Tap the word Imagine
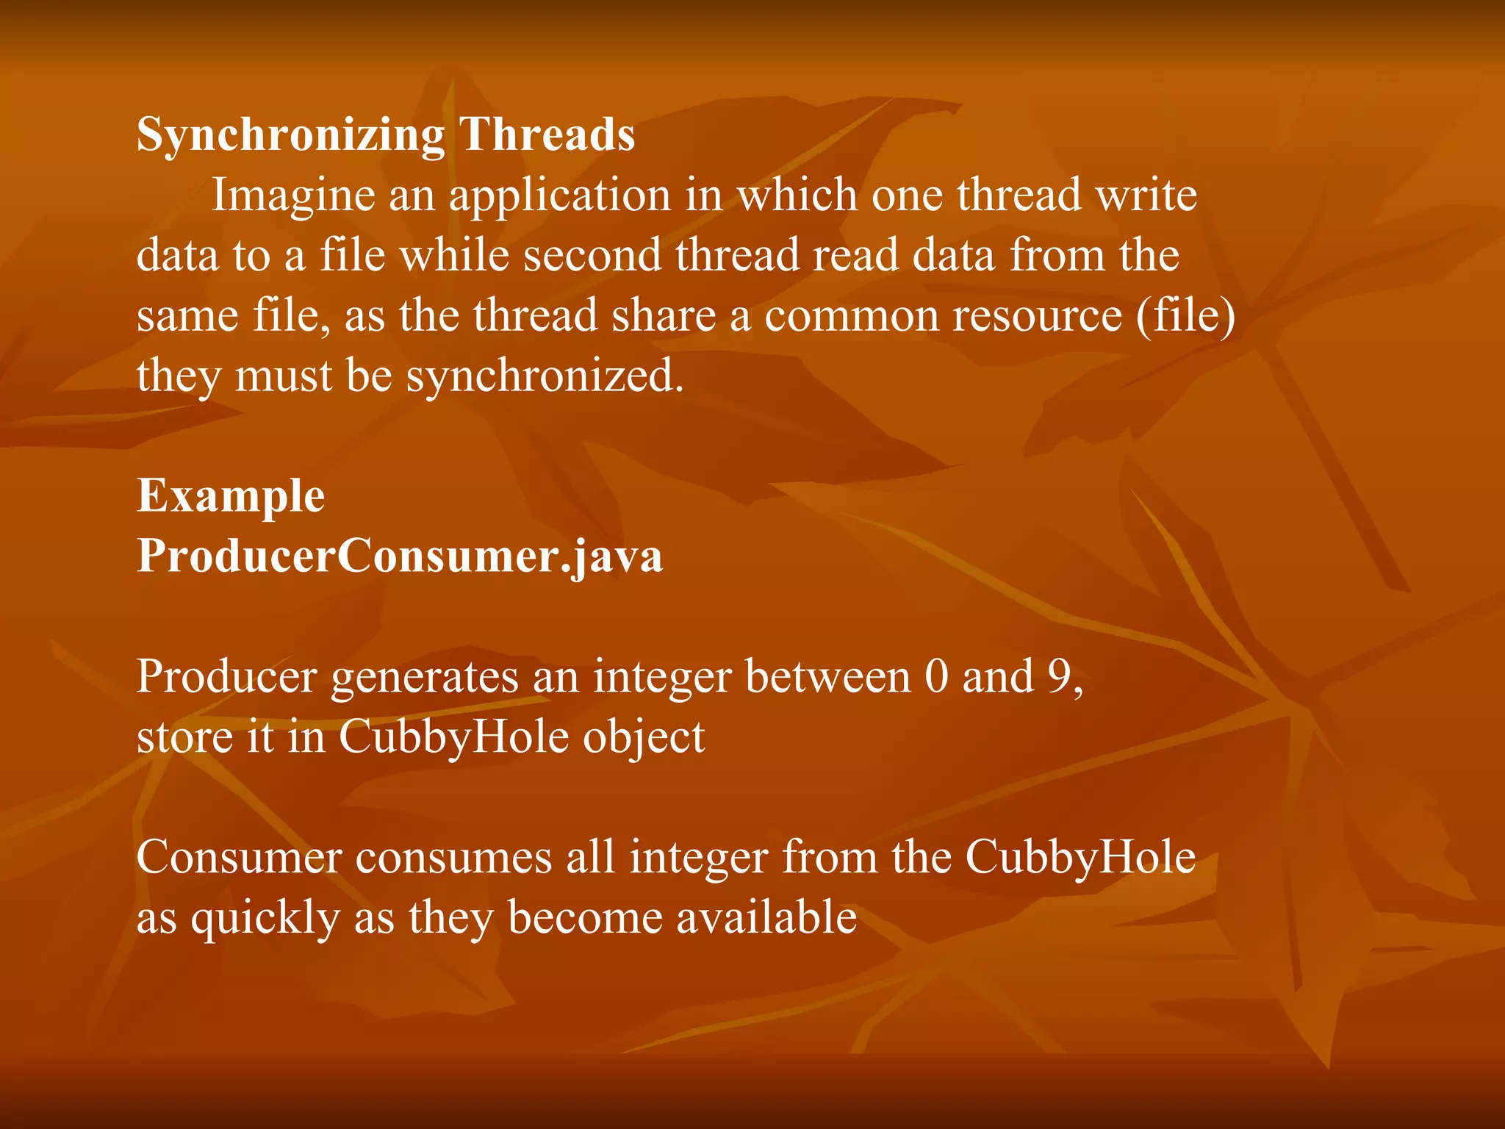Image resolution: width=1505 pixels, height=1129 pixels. point(293,196)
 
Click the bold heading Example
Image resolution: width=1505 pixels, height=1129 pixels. point(231,497)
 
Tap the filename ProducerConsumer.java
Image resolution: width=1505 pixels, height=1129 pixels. point(400,557)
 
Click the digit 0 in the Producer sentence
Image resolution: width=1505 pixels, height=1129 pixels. point(936,677)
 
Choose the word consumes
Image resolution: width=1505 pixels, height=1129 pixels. point(453,858)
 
